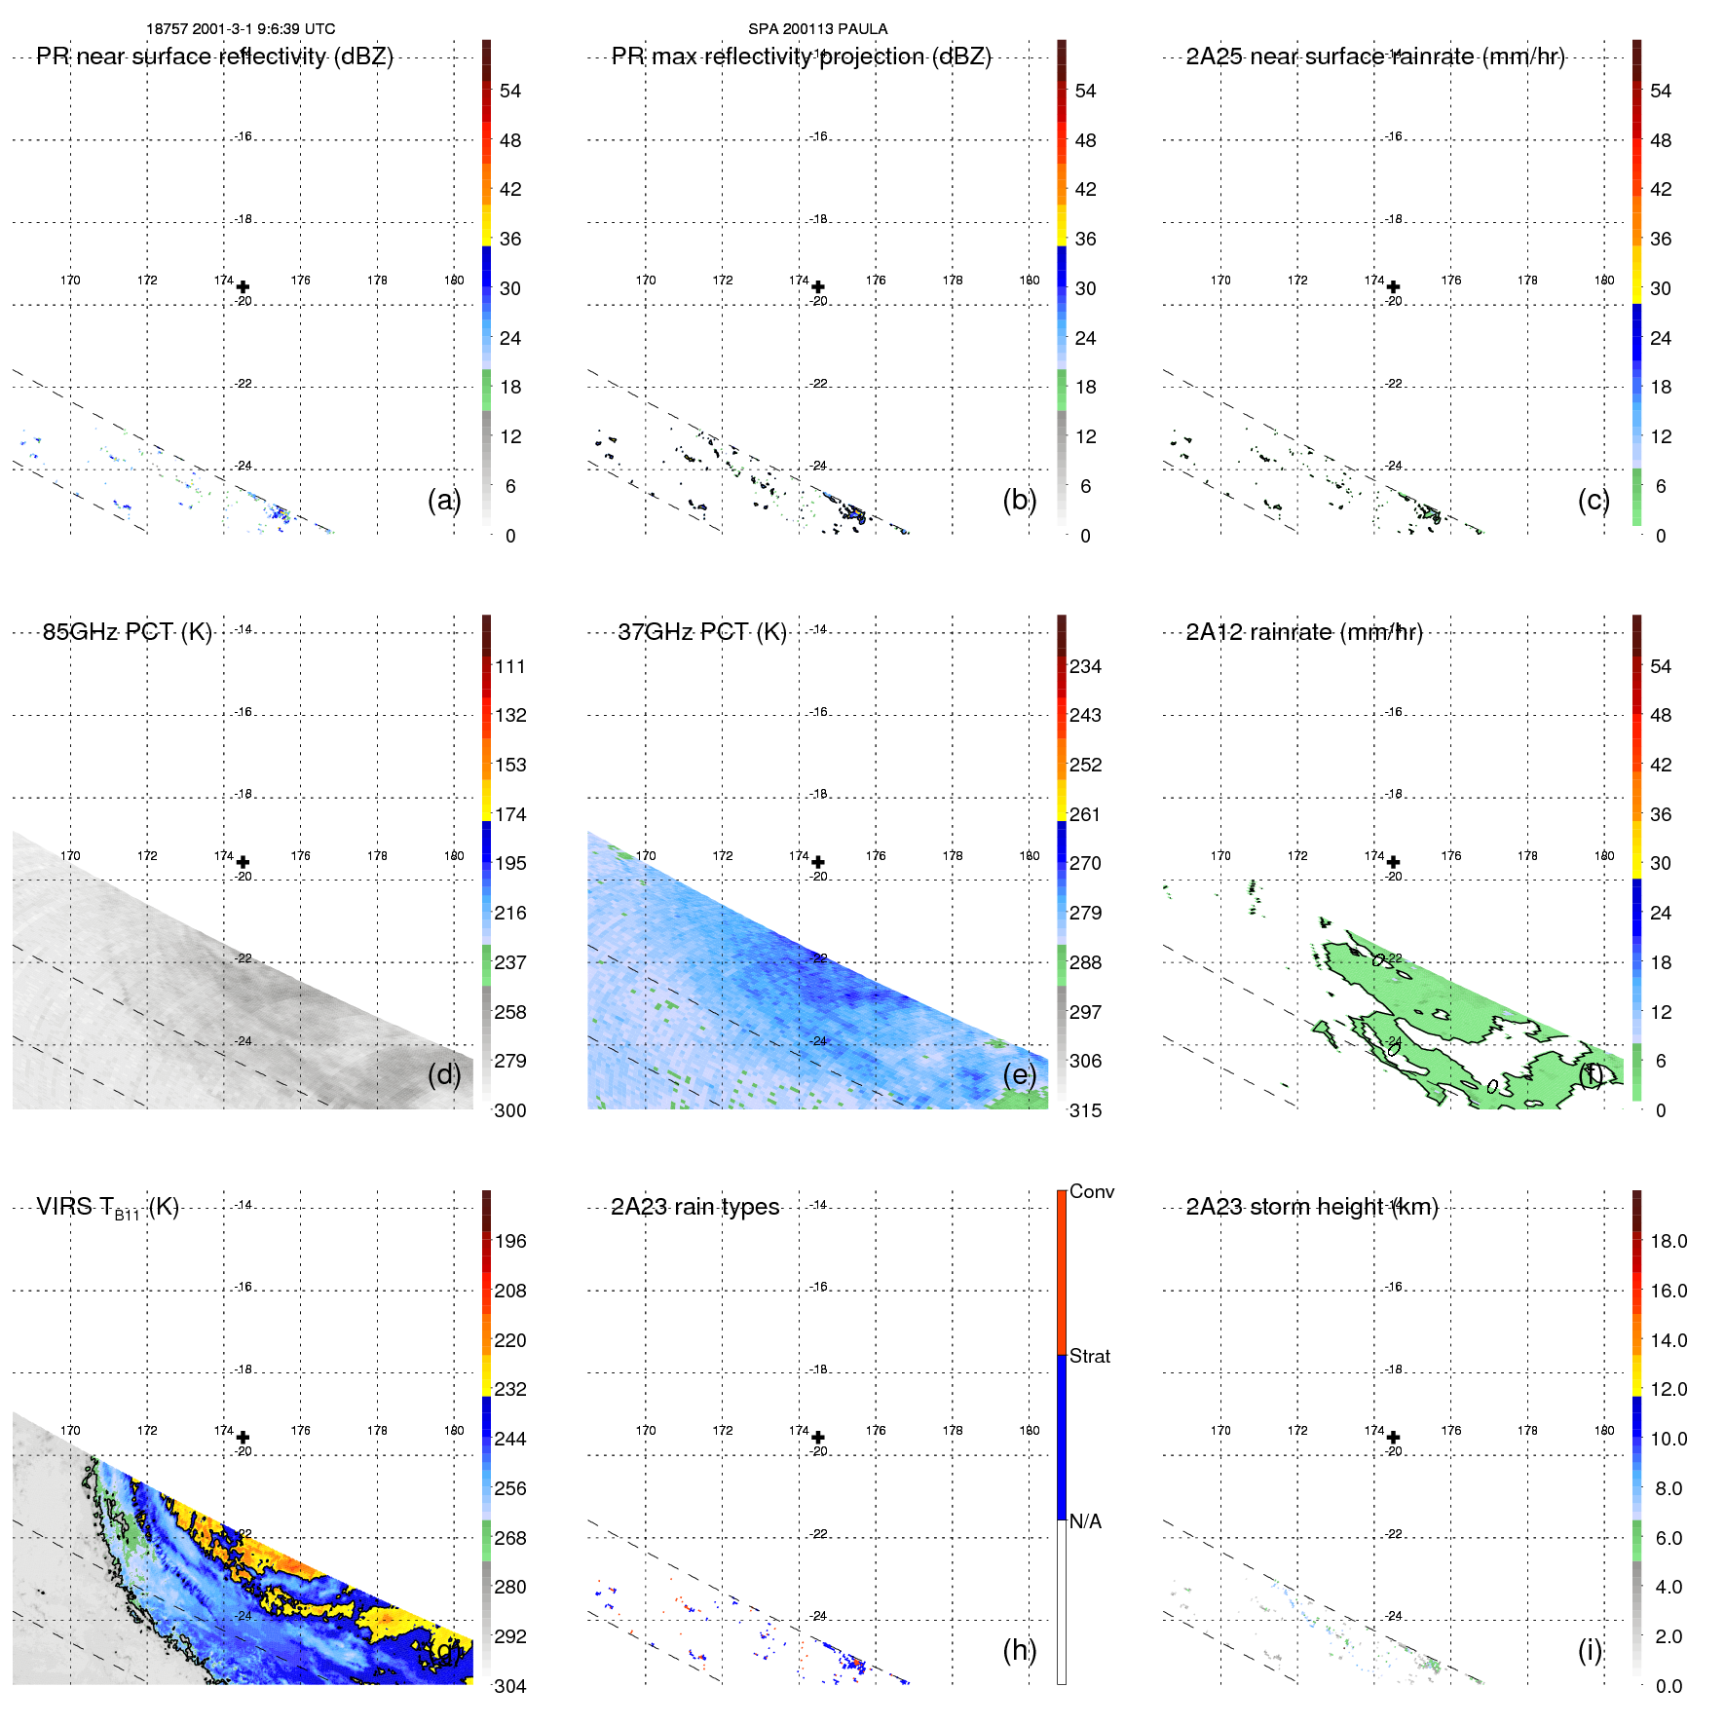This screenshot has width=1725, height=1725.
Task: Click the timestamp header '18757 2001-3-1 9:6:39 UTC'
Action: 241,29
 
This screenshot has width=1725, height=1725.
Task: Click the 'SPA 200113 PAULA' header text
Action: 817,29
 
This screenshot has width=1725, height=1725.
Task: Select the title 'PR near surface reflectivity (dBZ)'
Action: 214,56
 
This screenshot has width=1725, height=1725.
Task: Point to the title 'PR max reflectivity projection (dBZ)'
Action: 801,56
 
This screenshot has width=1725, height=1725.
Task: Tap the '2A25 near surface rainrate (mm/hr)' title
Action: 1374,56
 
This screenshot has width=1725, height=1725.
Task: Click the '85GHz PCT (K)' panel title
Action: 127,632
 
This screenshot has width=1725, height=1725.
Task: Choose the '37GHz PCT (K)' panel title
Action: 701,632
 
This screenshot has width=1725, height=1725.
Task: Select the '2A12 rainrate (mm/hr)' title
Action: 1304,632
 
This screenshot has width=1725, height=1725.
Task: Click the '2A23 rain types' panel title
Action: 694,1207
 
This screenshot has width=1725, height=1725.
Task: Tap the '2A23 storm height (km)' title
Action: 1312,1207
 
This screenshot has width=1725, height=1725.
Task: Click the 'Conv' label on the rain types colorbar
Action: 1091,1191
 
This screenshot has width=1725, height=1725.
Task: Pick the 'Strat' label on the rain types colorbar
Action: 1089,1356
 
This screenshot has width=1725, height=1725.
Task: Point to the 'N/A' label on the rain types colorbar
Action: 1085,1521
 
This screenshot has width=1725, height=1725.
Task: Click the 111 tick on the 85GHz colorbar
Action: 509,666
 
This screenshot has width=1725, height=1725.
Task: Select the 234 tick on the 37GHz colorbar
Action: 1085,666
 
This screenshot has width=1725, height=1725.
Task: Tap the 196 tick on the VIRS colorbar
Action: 509,1241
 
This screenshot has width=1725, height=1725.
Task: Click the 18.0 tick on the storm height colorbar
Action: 1668,1241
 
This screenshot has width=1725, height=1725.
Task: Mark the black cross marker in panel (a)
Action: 243,287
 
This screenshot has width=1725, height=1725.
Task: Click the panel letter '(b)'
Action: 1019,501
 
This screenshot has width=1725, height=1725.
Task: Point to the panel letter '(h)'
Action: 1019,1650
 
